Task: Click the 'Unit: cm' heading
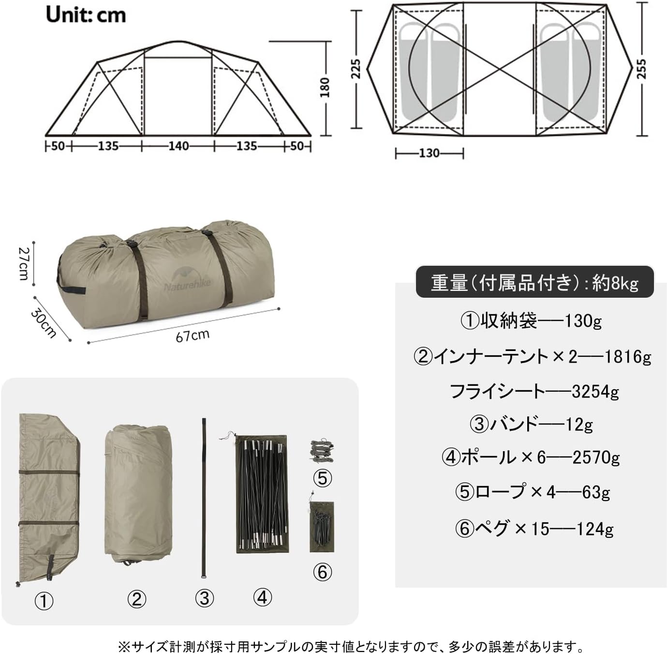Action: pyautogui.click(x=86, y=15)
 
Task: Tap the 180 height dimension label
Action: pyautogui.click(x=325, y=87)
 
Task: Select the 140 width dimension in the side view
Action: pyautogui.click(x=178, y=146)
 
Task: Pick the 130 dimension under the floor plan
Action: pyautogui.click(x=429, y=153)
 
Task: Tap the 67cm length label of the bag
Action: pyautogui.click(x=192, y=335)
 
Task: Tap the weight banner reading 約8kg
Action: pyautogui.click(x=534, y=282)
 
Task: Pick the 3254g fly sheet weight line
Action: pyautogui.click(x=534, y=391)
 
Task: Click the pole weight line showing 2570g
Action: pyautogui.click(x=531, y=457)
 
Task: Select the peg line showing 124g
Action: pyautogui.click(x=534, y=528)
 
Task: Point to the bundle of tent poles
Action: pyautogui.click(x=261, y=494)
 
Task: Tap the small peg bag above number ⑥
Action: pyautogui.click(x=322, y=527)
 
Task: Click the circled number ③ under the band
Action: pyautogui.click(x=204, y=598)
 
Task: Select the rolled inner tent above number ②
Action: pyautogui.click(x=138, y=494)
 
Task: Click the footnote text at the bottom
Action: pyautogui.click(x=351, y=646)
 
